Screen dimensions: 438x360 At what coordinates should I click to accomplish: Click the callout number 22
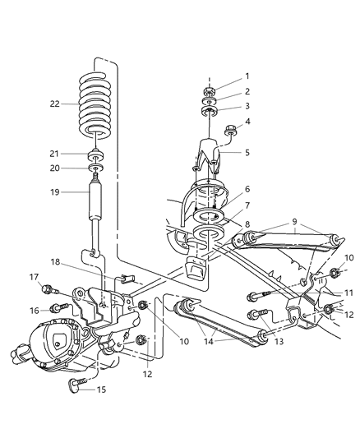coord(55,104)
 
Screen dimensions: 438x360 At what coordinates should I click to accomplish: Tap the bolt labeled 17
coord(52,288)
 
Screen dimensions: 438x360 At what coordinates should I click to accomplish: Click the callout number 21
coord(55,154)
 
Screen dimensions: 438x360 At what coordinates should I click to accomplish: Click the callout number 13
coord(281,341)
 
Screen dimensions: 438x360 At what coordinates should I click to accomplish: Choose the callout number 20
coord(55,169)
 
